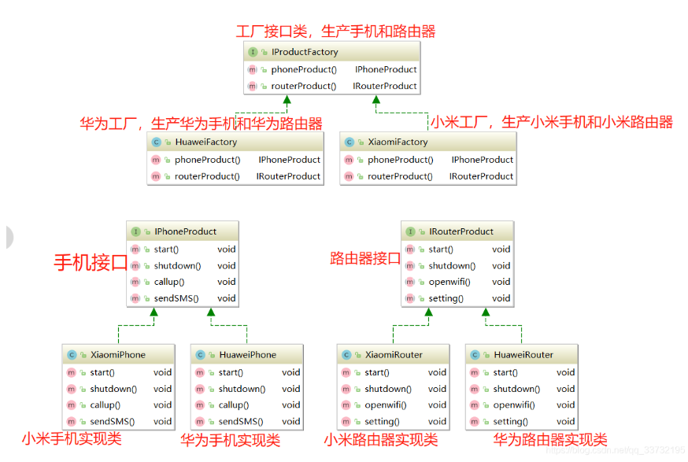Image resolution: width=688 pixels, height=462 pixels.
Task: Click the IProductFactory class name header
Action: click(x=304, y=52)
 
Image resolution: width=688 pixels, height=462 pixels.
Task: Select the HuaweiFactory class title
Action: click(x=205, y=142)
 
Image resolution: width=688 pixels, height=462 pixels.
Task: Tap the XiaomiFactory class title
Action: click(x=398, y=142)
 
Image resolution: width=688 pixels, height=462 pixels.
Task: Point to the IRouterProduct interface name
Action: click(x=461, y=232)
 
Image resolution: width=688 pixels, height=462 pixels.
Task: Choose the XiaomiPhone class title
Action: click(x=118, y=355)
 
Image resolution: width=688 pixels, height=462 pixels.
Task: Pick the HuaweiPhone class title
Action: click(x=247, y=355)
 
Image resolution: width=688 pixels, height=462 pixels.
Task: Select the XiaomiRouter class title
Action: click(x=394, y=355)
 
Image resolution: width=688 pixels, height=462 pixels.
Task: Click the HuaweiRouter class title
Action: click(x=523, y=355)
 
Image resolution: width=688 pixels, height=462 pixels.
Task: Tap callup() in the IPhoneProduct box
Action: click(x=168, y=282)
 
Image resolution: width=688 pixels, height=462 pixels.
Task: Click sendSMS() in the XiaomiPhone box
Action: click(x=112, y=421)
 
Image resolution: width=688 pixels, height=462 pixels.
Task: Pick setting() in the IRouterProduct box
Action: click(x=446, y=299)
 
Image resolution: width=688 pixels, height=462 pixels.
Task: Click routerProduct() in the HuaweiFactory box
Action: click(x=207, y=176)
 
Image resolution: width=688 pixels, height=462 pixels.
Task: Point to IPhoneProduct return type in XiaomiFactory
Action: click(x=483, y=160)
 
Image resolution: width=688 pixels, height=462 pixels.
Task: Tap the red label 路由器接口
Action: click(x=365, y=258)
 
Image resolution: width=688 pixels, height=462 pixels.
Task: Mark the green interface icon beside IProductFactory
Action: click(x=253, y=52)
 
